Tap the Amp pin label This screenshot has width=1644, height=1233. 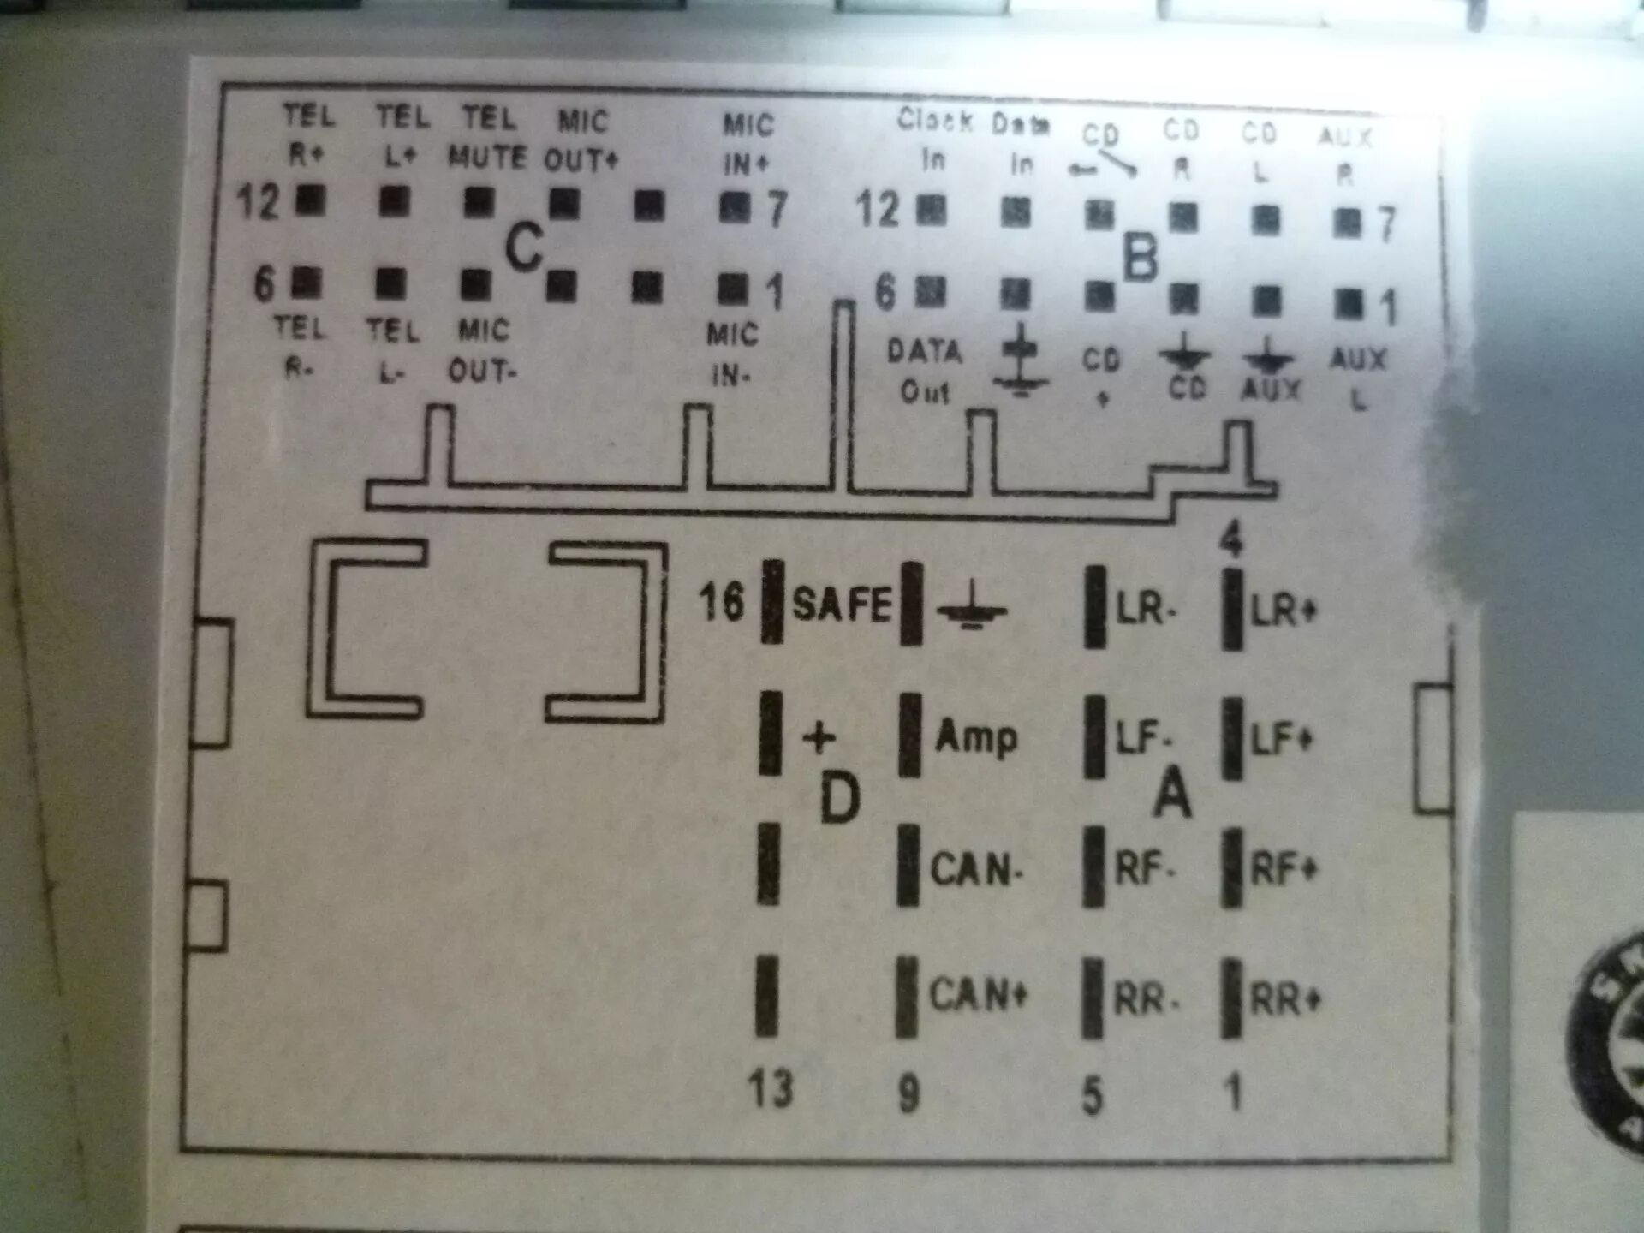[x=976, y=737]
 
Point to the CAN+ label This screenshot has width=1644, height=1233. [x=978, y=995]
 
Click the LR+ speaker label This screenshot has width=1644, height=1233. [x=1283, y=611]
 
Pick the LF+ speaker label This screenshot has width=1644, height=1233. [x=1281, y=739]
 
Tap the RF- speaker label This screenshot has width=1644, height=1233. [x=1144, y=870]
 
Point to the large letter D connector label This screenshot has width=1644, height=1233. [x=839, y=798]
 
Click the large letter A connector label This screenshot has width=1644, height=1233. [x=1172, y=793]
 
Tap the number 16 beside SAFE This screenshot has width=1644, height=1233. [x=721, y=601]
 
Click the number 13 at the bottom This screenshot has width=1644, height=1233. [x=771, y=1089]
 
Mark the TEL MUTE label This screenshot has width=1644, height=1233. [x=488, y=138]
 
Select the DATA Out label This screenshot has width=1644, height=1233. [x=925, y=371]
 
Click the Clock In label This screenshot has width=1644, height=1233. [x=934, y=140]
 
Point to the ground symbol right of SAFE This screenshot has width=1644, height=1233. [x=972, y=608]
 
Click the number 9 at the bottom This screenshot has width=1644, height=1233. [x=908, y=1093]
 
